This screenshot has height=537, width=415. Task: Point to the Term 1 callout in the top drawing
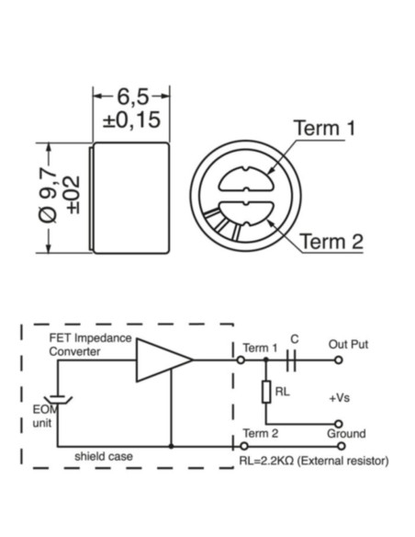tap(323, 128)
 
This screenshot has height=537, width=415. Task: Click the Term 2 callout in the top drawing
tap(331, 242)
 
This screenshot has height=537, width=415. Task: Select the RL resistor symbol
tap(267, 393)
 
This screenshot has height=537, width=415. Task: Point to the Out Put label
tap(348, 344)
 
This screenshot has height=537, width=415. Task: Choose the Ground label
tap(345, 433)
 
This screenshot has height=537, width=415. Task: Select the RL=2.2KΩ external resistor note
tap(313, 461)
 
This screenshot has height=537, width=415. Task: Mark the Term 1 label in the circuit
tap(259, 348)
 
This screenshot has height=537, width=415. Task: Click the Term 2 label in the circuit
tap(259, 433)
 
